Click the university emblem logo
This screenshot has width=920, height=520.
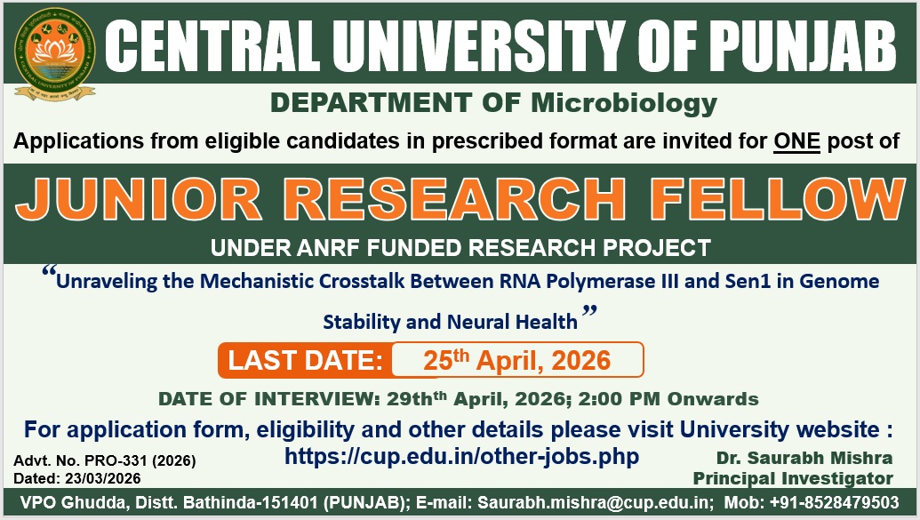[54, 54]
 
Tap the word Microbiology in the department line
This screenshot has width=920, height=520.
[624, 103]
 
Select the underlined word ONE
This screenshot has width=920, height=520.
[796, 140]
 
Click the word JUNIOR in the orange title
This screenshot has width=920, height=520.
[139, 199]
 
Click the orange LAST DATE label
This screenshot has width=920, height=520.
[305, 360]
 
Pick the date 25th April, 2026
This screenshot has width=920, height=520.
[517, 359]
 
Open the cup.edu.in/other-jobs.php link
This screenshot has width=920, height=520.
[461, 456]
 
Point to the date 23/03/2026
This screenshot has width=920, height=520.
[103, 478]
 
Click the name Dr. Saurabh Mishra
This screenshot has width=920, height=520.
[804, 458]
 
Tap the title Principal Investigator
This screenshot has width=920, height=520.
[793, 478]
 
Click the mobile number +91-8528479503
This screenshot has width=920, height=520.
[834, 503]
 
